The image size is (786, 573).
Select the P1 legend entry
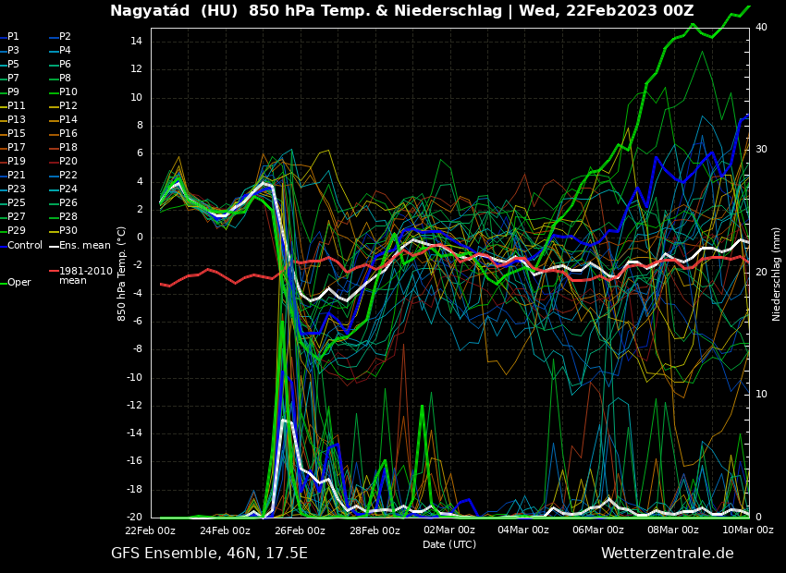pyautogui.click(x=13, y=37)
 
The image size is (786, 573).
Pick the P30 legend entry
pyautogui.click(x=68, y=231)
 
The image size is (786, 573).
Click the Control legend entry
pyautogui.click(x=25, y=245)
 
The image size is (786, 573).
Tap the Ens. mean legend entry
pyautogui.click(x=84, y=245)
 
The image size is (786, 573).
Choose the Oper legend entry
pyautogui.click(x=18, y=283)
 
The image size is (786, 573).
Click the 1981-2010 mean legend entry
pyautogui.click(x=85, y=275)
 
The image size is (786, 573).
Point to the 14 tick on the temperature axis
pyautogui.click(x=134, y=42)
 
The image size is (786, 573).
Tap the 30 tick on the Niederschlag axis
pyautogui.click(x=761, y=149)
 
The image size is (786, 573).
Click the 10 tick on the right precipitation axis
pyautogui.click(x=761, y=395)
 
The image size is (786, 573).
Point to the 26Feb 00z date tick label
pyautogui.click(x=300, y=530)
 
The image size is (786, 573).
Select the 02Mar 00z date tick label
pyautogui.click(x=449, y=530)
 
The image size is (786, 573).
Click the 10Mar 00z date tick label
pyautogui.click(x=747, y=530)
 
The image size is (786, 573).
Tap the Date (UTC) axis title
pyautogui.click(x=449, y=544)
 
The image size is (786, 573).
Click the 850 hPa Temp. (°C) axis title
pyautogui.click(x=122, y=274)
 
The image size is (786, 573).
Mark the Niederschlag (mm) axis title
pyautogui.click(x=777, y=274)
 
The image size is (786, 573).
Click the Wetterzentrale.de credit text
pyautogui.click(x=667, y=554)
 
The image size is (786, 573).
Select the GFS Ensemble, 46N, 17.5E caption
pyautogui.click(x=209, y=554)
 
